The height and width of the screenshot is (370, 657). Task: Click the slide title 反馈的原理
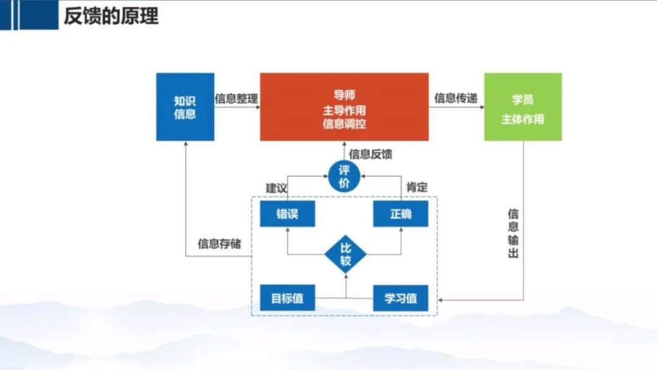coord(111,16)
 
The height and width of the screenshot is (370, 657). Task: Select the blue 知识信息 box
coord(185,107)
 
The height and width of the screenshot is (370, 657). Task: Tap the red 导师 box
coord(344,107)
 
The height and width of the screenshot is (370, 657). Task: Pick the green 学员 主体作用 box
coord(523,107)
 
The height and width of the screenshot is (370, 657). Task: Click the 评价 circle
coord(344,176)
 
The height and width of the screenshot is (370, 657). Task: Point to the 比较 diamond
coord(346,254)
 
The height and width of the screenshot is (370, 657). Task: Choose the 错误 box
coord(287,214)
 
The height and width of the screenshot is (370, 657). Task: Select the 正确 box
coord(400,214)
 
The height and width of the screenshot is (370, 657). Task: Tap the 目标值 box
coord(287,298)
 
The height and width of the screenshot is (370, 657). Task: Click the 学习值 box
coord(400,298)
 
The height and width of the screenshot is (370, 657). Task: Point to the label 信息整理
coord(236,99)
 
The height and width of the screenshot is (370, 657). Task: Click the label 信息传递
coord(456,98)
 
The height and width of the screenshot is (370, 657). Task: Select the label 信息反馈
coord(370,154)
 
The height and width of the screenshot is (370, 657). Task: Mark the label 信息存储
coord(219,243)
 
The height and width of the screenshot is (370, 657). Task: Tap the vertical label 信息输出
coord(513,234)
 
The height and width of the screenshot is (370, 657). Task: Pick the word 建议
coord(277,187)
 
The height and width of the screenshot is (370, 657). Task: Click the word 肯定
coord(417,187)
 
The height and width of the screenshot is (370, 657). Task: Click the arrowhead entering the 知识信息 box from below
coord(186,143)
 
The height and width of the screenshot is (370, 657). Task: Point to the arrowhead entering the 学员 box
coord(482,107)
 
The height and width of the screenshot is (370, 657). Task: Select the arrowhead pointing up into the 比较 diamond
coord(346,276)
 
